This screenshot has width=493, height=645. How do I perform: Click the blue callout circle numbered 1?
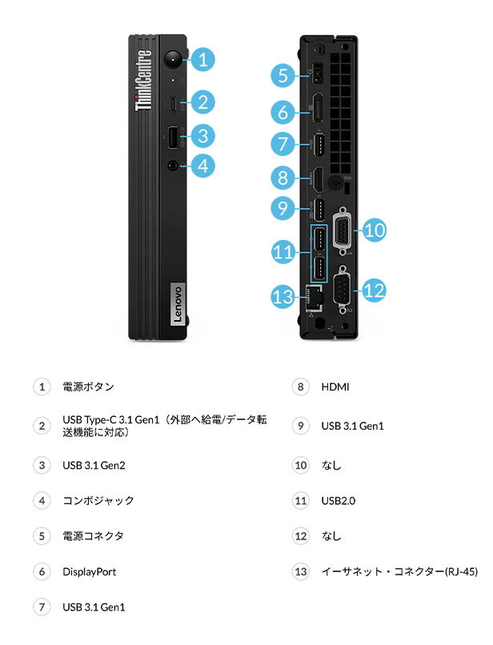tap(203, 58)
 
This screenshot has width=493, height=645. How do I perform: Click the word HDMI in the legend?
tap(335, 387)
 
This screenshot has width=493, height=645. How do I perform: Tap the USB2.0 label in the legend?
tap(338, 501)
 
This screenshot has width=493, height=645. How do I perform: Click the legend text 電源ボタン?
tap(88, 387)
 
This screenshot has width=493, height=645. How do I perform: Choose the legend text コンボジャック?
tap(98, 501)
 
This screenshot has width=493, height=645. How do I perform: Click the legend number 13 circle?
tap(300, 571)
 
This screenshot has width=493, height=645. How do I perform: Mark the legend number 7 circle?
tap(42, 607)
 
